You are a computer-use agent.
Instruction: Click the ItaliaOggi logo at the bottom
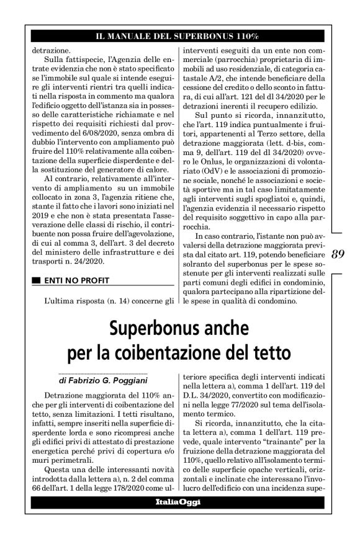(x=179, y=519)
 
